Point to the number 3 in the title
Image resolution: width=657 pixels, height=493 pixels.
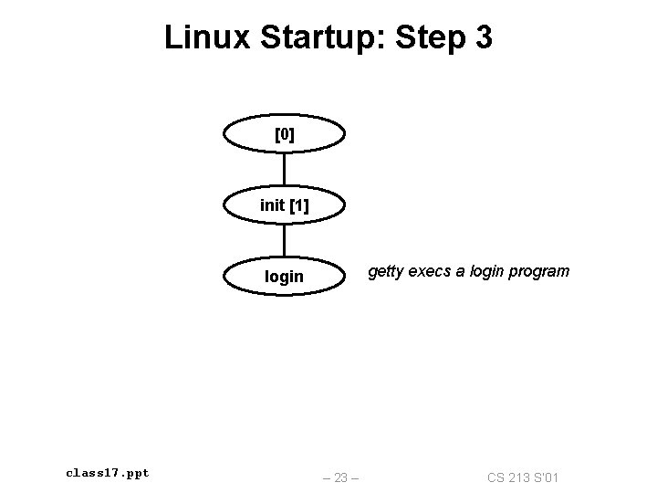pos(483,37)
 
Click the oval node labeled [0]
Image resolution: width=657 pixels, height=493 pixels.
pos(285,135)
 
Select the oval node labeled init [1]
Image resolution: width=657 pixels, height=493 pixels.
pos(285,205)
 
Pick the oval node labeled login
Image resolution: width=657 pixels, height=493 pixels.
pos(285,276)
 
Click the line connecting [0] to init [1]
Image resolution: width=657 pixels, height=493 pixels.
pos(285,170)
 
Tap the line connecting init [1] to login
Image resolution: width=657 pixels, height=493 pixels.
pos(285,240)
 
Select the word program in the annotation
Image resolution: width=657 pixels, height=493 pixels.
pos(540,271)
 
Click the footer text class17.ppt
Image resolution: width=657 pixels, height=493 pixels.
pos(108,473)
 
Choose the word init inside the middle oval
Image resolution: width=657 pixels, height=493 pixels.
pos(272,205)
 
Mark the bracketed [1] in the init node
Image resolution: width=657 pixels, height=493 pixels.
pos(298,205)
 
